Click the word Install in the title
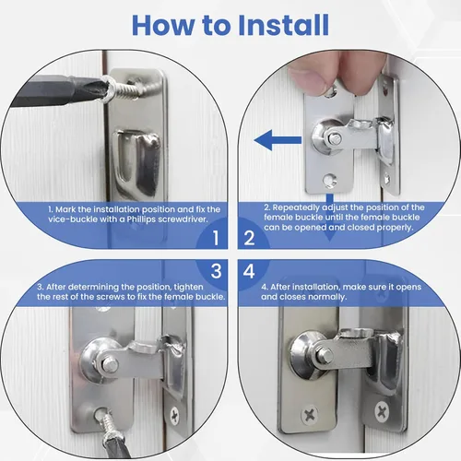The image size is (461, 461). (283, 25)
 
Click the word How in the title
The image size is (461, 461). (163, 25)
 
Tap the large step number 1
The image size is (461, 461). (216, 238)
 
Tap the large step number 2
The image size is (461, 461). (249, 238)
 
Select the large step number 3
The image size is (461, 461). (217, 271)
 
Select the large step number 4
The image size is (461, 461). (249, 271)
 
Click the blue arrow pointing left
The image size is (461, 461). (278, 140)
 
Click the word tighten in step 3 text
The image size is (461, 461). (188, 287)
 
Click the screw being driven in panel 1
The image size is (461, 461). (123, 89)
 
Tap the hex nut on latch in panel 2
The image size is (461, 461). (334, 139)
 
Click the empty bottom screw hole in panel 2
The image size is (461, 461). (330, 180)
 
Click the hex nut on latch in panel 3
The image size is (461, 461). (110, 365)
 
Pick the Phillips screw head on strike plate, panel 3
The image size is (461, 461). (174, 416)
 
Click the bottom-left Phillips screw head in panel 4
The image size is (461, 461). (310, 415)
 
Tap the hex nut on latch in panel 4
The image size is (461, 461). (325, 356)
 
